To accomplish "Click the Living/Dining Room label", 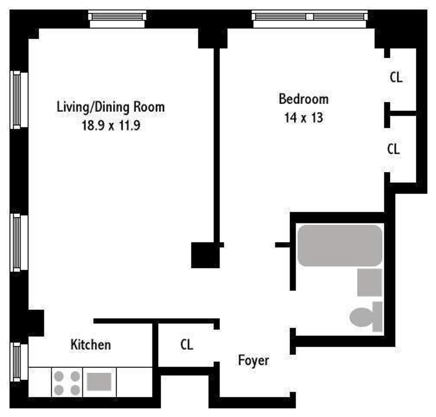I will pyautogui.click(x=111, y=107).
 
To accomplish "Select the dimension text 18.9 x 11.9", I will pyautogui.click(x=111, y=126).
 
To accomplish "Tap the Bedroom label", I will pyautogui.click(x=303, y=99).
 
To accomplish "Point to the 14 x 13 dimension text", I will pyautogui.click(x=303, y=118).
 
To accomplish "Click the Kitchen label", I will pyautogui.click(x=90, y=345).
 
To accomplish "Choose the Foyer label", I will pyautogui.click(x=254, y=360).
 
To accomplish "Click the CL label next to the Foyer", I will pyautogui.click(x=187, y=345).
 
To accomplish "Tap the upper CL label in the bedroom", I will pyautogui.click(x=396, y=77).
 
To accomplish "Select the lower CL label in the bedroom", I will pyautogui.click(x=393, y=149).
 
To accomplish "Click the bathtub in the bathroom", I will pyautogui.click(x=340, y=245).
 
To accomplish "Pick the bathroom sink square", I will pyautogui.click(x=370, y=282).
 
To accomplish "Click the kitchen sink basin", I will pyautogui.click(x=99, y=382).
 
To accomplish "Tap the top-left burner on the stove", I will pyautogui.click(x=59, y=376).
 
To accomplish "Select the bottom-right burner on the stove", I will pyautogui.click(x=75, y=390).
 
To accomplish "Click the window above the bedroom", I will pyautogui.click(x=309, y=17).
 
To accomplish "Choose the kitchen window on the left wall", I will pyautogui.click(x=17, y=362).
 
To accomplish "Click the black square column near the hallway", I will pyautogui.click(x=205, y=255).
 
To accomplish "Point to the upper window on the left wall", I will pyautogui.click(x=17, y=100).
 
